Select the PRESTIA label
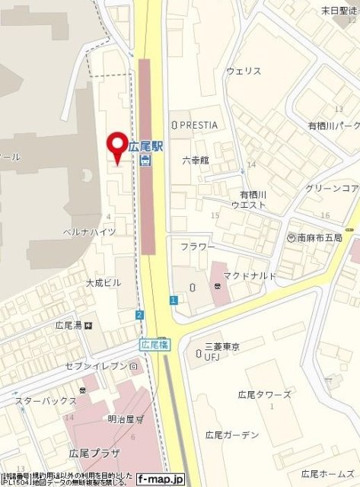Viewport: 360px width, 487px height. click(199, 124)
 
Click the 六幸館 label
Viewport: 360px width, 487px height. click(194, 161)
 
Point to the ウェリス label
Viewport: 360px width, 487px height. click(244, 71)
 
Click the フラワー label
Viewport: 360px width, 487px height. click(197, 247)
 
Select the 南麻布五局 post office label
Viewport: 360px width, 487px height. click(320, 238)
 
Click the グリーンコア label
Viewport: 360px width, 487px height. click(331, 188)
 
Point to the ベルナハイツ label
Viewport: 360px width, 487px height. click(90, 231)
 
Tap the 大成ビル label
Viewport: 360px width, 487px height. click(103, 282)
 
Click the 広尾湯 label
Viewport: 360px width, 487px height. click(69, 325)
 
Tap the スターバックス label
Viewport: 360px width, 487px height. click(46, 401)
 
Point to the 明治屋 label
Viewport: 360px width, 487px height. click(120, 419)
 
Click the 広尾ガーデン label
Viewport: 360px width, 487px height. click(231, 435)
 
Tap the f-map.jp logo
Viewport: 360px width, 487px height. click(161, 479)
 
